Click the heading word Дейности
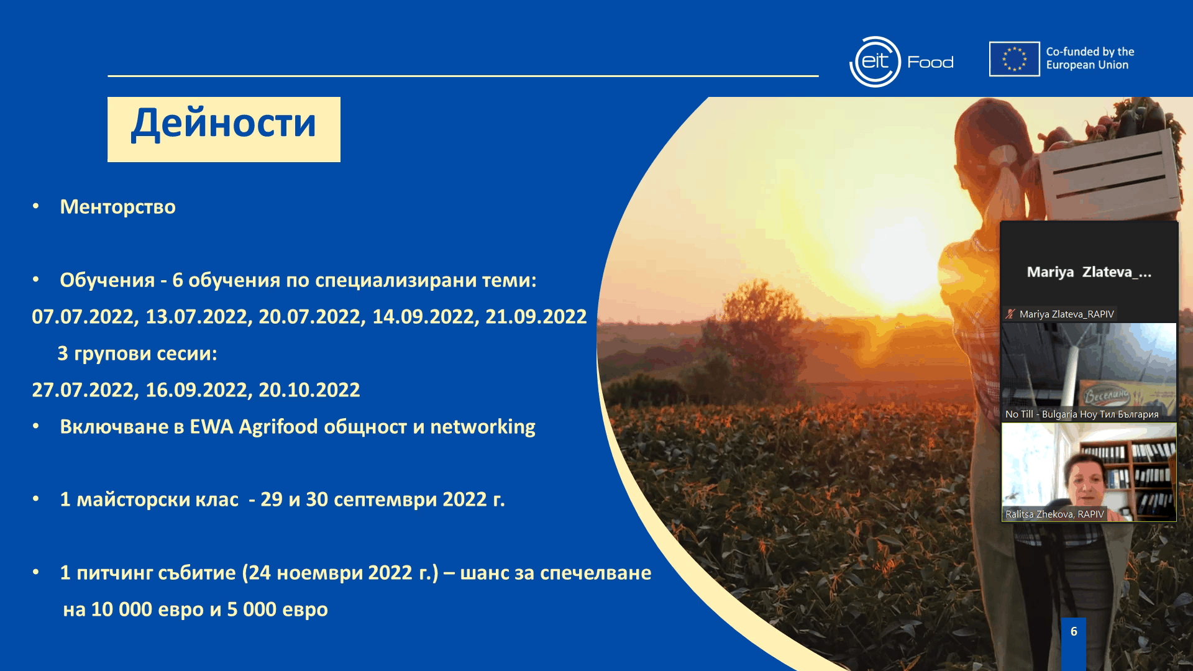click(224, 124)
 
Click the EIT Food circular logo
click(875, 62)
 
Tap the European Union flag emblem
click(1015, 59)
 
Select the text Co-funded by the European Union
click(1090, 58)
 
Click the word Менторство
click(118, 207)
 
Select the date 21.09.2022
click(536, 317)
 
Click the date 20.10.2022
click(309, 390)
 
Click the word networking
click(483, 427)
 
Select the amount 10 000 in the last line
click(122, 609)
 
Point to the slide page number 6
click(1074, 631)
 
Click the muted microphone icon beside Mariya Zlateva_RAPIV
click(1010, 314)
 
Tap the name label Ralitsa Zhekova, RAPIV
click(1054, 514)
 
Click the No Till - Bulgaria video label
click(1082, 414)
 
